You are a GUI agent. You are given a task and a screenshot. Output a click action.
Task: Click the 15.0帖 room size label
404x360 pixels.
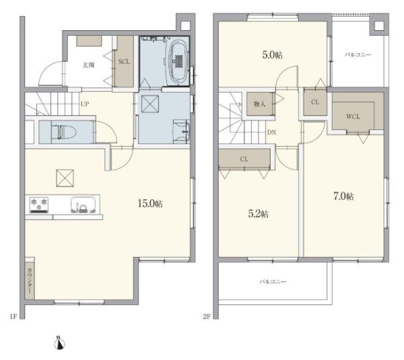tap(150, 204)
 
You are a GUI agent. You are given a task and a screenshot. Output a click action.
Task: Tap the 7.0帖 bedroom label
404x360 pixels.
tap(343, 196)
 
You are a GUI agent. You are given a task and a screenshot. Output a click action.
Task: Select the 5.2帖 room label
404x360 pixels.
tap(258, 214)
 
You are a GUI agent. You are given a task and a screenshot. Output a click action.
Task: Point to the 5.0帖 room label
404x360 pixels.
tap(272, 55)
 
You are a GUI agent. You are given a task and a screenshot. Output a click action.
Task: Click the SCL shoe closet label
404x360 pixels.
tap(124, 62)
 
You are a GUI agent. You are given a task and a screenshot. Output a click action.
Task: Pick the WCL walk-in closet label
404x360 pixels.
tap(353, 116)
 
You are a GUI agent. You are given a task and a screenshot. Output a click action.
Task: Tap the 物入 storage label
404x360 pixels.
tap(259, 104)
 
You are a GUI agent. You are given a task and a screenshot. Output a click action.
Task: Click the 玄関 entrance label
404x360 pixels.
tap(88, 65)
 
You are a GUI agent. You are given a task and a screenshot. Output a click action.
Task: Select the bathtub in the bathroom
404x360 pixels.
tap(178, 63)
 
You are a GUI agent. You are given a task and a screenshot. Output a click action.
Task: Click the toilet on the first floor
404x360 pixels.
tap(64, 132)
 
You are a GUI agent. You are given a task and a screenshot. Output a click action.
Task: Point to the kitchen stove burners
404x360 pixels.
tap(39, 205)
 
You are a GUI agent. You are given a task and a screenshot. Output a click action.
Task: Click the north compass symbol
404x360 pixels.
tap(59, 343)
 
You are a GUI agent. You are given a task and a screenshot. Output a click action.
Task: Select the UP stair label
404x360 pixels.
tap(85, 104)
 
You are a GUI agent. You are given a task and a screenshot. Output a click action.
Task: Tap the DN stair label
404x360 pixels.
tap(271, 133)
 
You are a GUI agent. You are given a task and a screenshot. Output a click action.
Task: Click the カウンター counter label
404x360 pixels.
tap(30, 281)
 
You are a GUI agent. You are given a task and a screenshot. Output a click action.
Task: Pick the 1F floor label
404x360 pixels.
tap(13, 316)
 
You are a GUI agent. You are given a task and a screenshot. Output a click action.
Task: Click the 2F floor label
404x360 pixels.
tap(207, 316)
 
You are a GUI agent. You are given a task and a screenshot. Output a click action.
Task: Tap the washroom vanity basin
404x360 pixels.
tap(182, 131)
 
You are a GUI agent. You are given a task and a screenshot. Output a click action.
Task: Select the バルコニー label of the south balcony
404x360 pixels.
tap(273, 282)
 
